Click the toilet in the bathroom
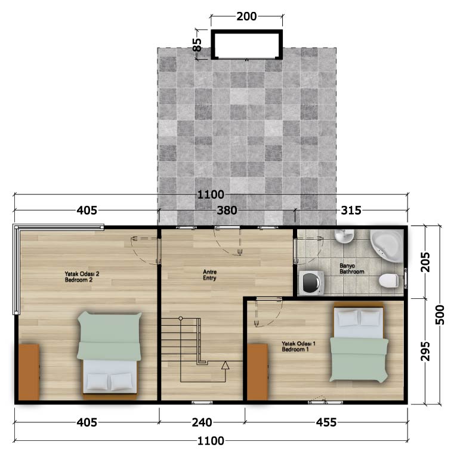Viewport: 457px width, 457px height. click(388, 280)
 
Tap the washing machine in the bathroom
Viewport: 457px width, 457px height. click(312, 282)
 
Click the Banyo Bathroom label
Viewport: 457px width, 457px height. click(352, 268)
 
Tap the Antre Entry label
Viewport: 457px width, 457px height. click(209, 275)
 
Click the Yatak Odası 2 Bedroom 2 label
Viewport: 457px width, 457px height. click(82, 277)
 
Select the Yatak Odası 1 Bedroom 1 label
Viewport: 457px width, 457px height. click(298, 346)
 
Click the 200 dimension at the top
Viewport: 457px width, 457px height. click(246, 16)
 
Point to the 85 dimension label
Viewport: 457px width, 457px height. click(197, 45)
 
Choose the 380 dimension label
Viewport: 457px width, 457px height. click(227, 210)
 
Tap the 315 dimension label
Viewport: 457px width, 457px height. click(351, 210)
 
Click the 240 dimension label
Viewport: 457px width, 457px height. click(202, 422)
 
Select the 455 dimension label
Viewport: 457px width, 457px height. click(326, 422)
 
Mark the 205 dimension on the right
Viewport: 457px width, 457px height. click(425, 262)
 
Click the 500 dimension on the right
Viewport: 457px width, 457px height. click(440, 315)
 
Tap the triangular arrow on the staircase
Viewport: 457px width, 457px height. click(225, 366)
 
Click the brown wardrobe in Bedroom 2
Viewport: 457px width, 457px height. click(29, 372)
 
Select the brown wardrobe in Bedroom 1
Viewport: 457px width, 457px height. click(257, 372)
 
